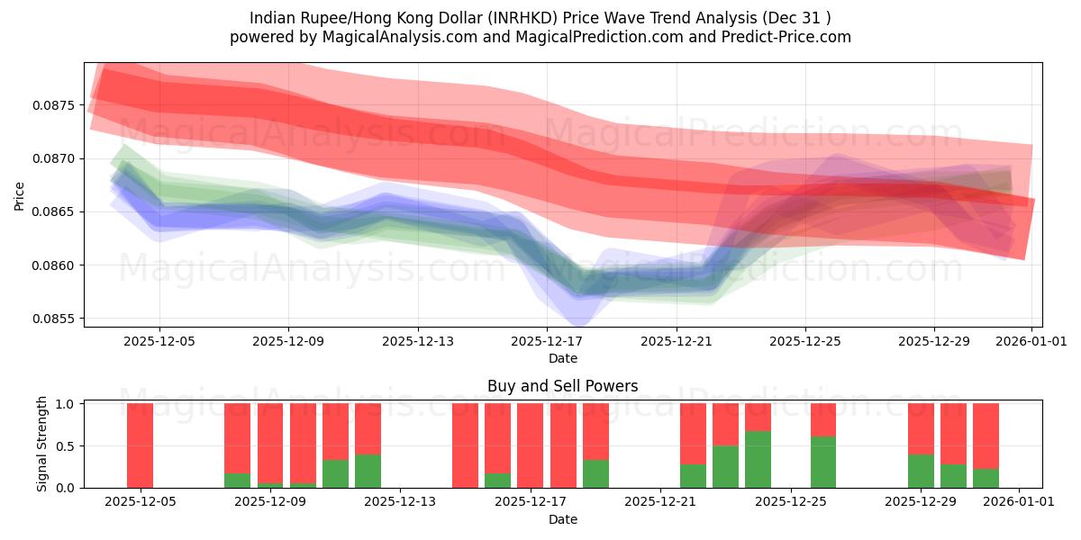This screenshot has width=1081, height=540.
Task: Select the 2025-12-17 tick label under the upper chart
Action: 547,341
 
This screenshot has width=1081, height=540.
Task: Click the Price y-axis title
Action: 20,195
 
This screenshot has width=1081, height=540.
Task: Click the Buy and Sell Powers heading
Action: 562,386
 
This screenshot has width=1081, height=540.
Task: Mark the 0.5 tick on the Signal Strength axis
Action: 66,445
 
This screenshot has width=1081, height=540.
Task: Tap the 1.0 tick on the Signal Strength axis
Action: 66,404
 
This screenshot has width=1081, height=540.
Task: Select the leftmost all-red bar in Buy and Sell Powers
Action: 140,445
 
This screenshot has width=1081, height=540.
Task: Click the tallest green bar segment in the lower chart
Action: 758,459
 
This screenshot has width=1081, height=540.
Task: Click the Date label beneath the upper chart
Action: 562,358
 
